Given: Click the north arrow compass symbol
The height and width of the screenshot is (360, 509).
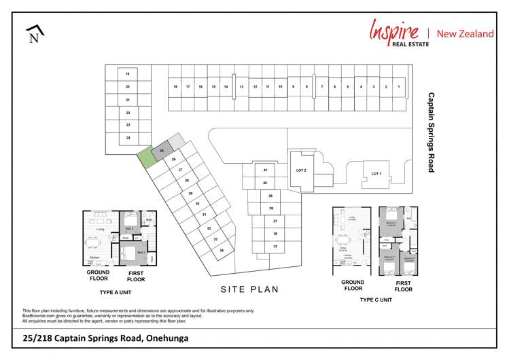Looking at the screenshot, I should (35, 34).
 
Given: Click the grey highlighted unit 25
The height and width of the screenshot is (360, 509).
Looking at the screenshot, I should (162, 151).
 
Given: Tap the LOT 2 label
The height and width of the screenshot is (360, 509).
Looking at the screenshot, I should (302, 170).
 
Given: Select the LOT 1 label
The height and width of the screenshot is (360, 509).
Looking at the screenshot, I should (376, 174).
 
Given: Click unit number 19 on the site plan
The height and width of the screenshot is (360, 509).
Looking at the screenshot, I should (127, 73).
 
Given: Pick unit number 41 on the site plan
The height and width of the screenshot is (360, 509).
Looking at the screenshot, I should (265, 170).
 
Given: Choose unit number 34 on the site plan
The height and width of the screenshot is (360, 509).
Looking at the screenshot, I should (222, 251).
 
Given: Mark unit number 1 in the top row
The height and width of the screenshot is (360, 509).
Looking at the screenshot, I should (399, 87).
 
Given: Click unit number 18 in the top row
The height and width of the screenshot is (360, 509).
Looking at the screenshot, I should (175, 87).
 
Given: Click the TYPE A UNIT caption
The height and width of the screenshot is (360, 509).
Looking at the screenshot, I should (115, 292).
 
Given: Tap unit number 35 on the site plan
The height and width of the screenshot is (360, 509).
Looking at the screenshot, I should (275, 246).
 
